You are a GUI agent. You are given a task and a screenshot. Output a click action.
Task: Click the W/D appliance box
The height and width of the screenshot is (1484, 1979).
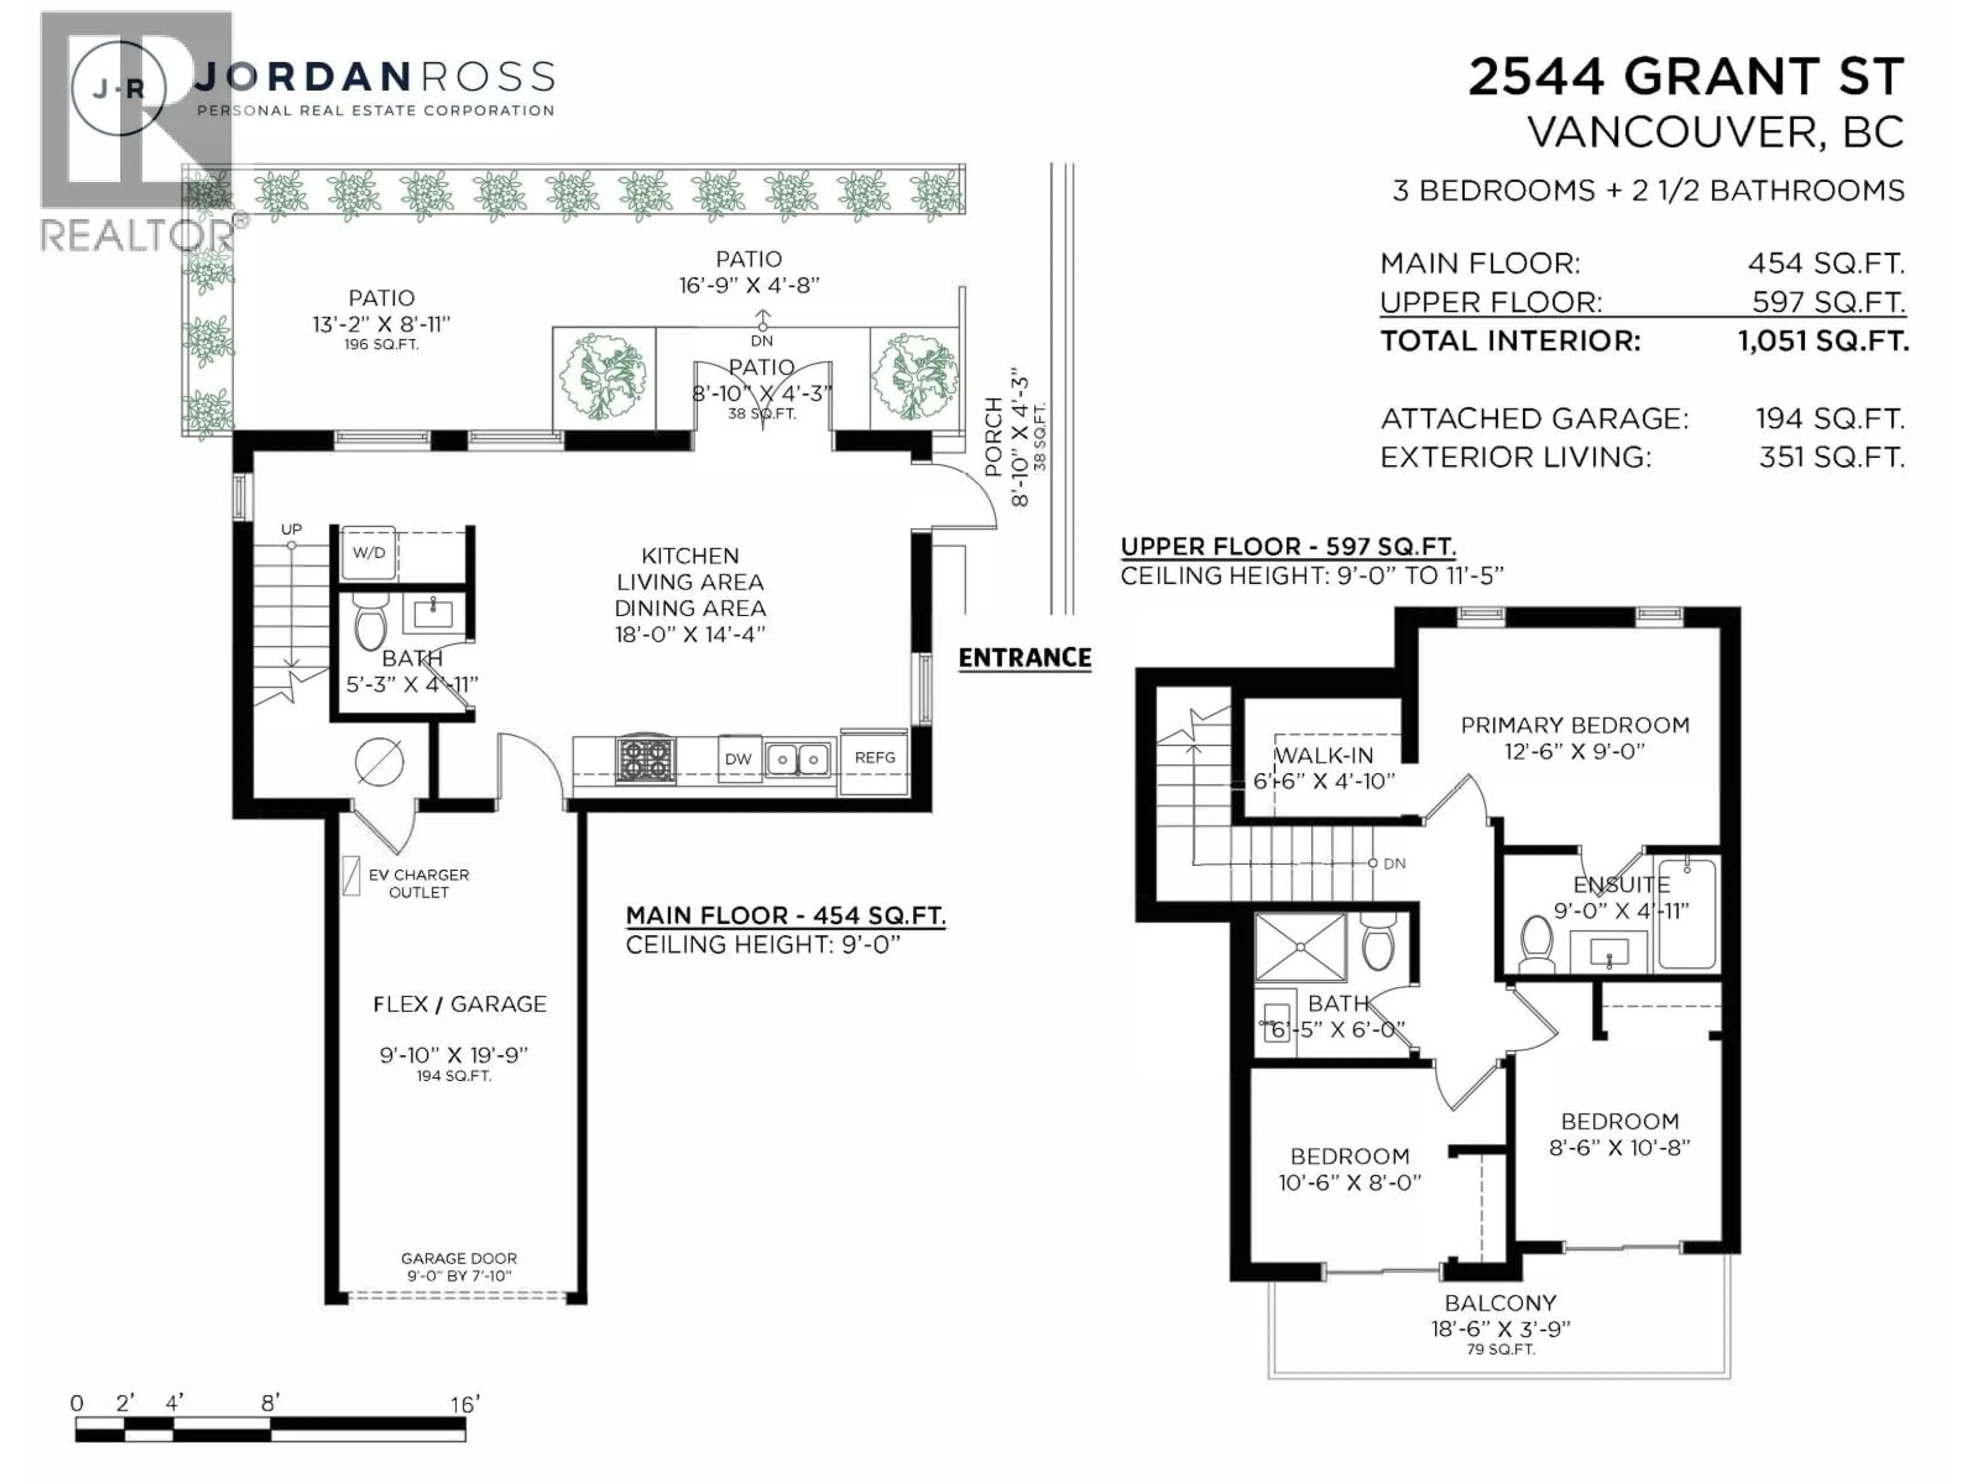coord(367,553)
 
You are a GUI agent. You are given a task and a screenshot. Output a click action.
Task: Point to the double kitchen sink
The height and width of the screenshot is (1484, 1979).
coord(797,760)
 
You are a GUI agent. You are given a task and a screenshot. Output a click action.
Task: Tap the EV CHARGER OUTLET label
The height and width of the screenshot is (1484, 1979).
coord(418,883)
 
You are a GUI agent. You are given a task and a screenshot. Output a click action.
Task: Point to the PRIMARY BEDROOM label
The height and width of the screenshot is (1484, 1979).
coord(1574,726)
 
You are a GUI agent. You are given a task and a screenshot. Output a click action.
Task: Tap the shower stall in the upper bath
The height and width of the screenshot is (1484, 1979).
coord(1300,947)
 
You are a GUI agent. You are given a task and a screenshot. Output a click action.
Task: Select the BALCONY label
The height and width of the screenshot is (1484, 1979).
coord(1500,1303)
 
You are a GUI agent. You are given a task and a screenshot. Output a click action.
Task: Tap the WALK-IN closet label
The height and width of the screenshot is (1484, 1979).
coord(1323,756)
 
